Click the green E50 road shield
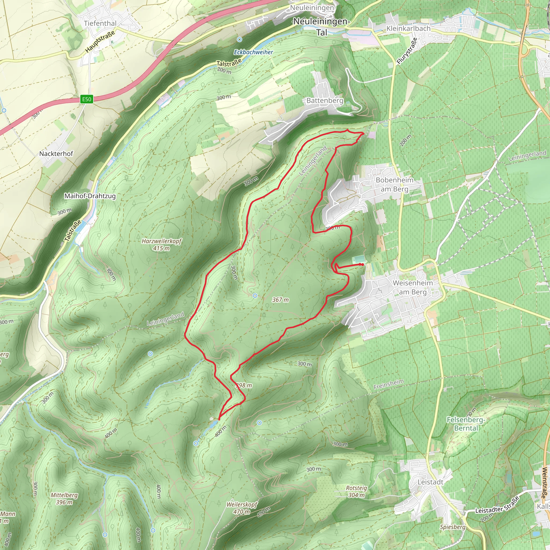(86, 99)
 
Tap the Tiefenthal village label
(100, 23)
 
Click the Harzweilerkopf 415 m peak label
(161, 245)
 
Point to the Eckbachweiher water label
(253, 52)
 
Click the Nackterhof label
(56, 154)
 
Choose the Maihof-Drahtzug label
(90, 196)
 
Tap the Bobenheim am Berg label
(394, 184)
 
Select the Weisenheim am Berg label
(412, 287)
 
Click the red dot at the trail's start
(362, 265)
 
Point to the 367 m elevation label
(280, 300)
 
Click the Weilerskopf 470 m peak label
(242, 508)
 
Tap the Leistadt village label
(430, 482)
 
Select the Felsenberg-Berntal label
(466, 424)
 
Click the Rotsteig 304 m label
(356, 491)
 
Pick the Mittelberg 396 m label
(64, 498)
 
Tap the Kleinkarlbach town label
(408, 28)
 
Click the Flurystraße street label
(407, 51)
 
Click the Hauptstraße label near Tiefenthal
(100, 42)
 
